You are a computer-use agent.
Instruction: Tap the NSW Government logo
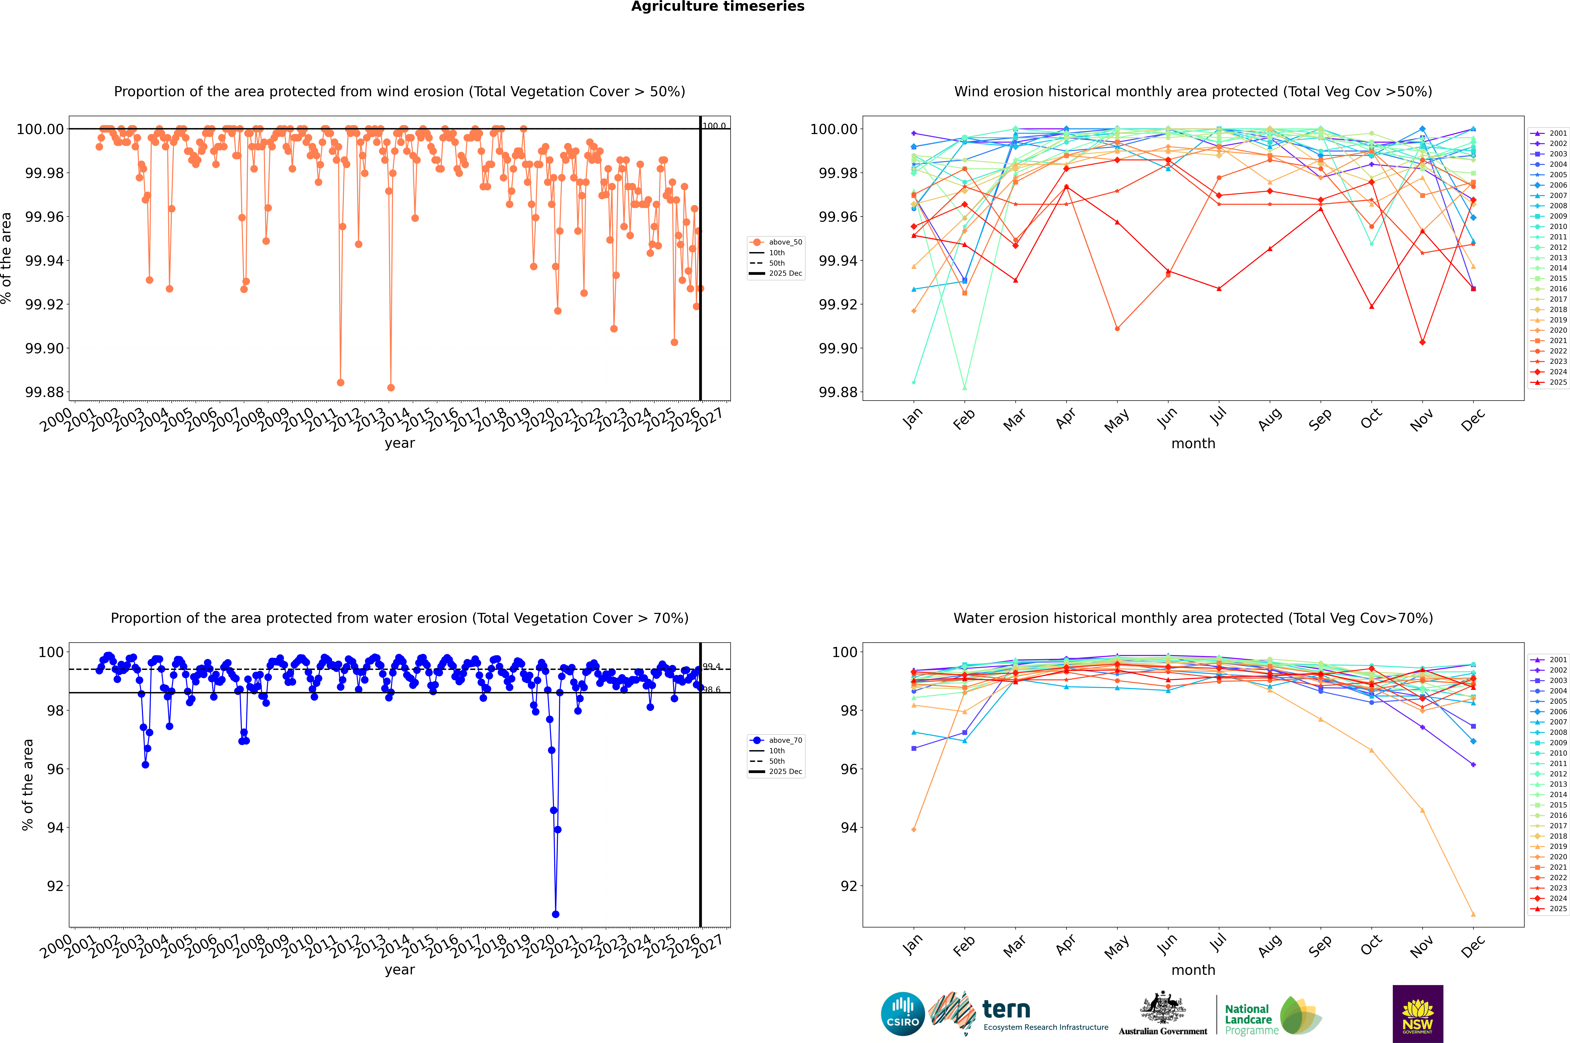(x=1418, y=1014)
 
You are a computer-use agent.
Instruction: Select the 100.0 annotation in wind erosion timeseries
(x=714, y=126)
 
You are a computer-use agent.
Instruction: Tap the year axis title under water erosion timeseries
(x=399, y=970)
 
